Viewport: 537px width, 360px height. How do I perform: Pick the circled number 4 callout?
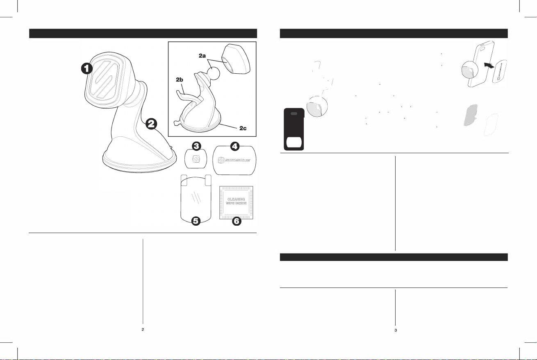coord(235,146)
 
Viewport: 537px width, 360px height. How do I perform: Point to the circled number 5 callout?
coord(196,221)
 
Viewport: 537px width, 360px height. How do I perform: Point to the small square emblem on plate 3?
coord(196,158)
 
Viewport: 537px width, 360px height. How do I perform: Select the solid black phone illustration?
coord(294,129)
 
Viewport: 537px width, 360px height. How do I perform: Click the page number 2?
coord(143,329)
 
